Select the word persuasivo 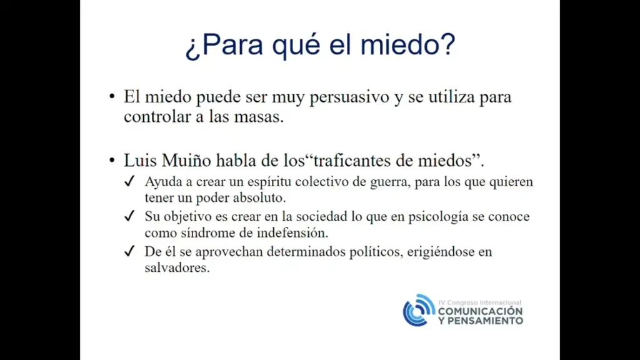point(349,97)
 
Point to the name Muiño point(187,161)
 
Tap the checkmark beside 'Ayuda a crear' point(130,181)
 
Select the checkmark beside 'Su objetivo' point(130,216)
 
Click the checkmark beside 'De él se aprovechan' point(130,251)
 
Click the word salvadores point(177,267)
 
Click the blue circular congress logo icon point(419,310)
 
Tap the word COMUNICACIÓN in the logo point(481,311)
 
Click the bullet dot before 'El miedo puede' point(112,97)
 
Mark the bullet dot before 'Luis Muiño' point(112,161)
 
